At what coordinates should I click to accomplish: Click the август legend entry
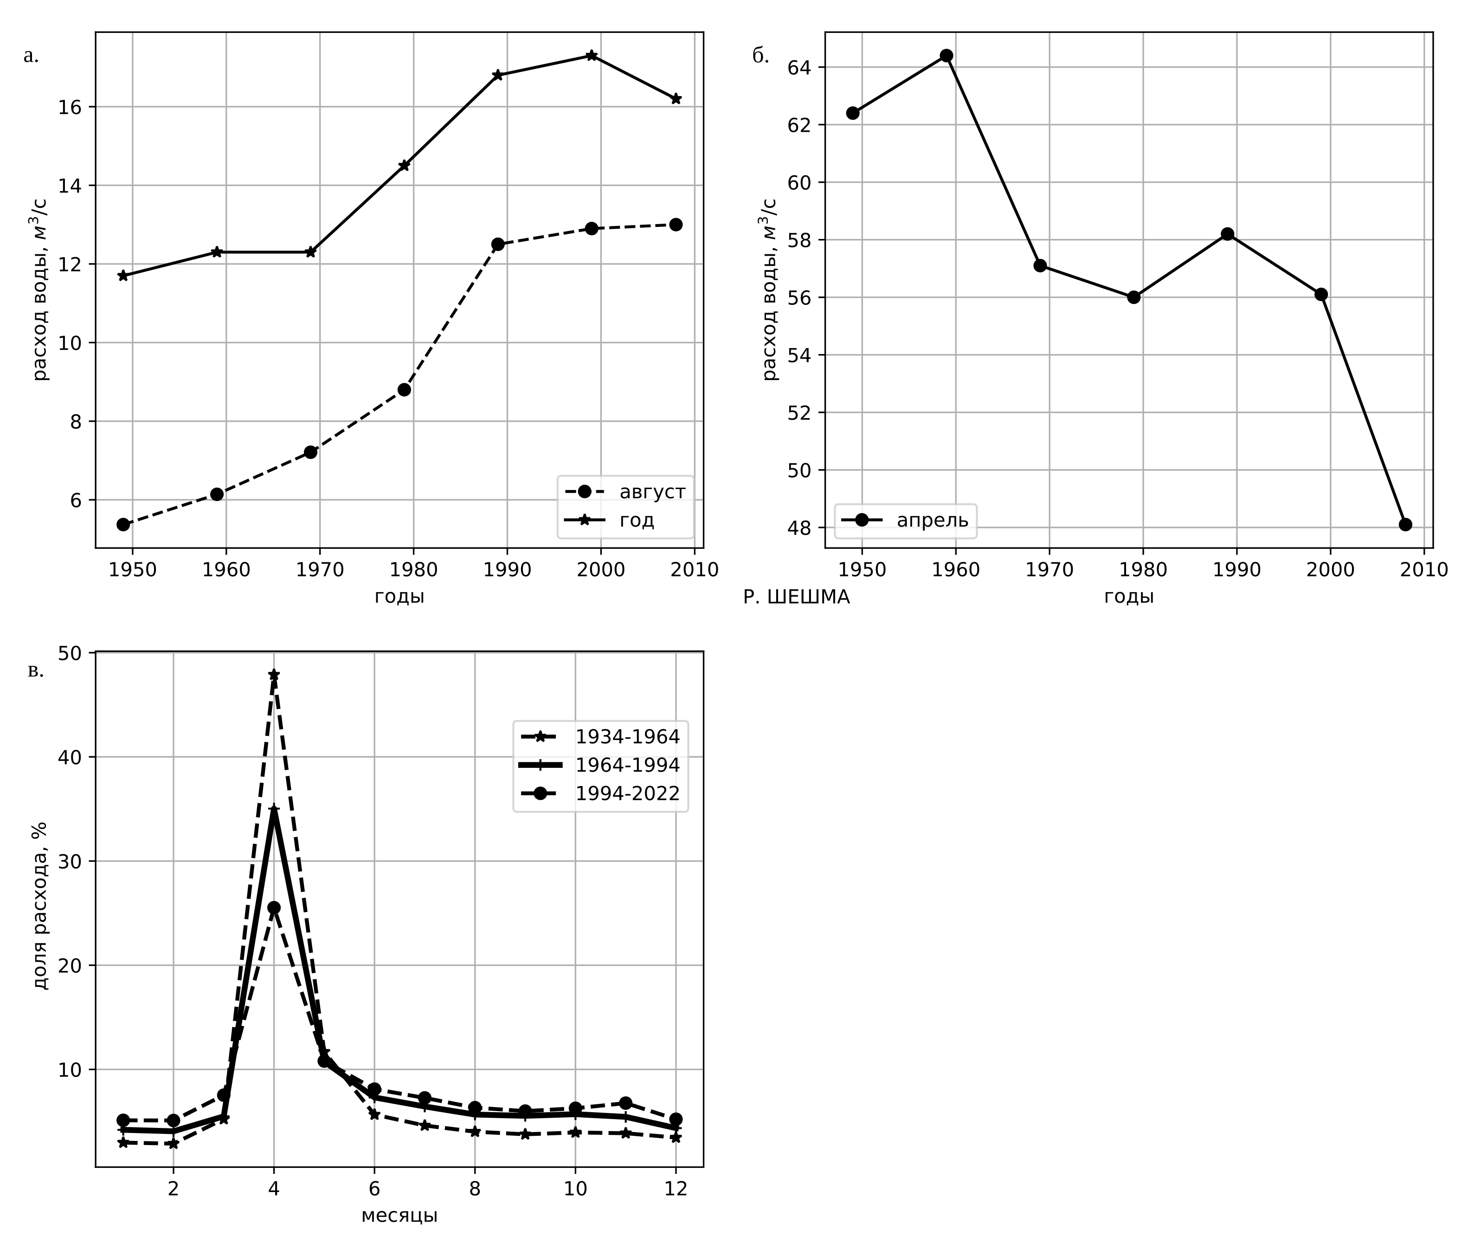coord(651,492)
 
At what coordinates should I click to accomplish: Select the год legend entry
coord(637,520)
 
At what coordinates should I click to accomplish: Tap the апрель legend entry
coord(932,520)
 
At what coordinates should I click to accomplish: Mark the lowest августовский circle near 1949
coord(123,524)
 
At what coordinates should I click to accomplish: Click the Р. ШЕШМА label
coord(796,598)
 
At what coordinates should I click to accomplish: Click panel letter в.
coord(35,671)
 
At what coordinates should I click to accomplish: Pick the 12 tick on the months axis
coord(676,1189)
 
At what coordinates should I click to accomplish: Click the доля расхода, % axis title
coord(40,906)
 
